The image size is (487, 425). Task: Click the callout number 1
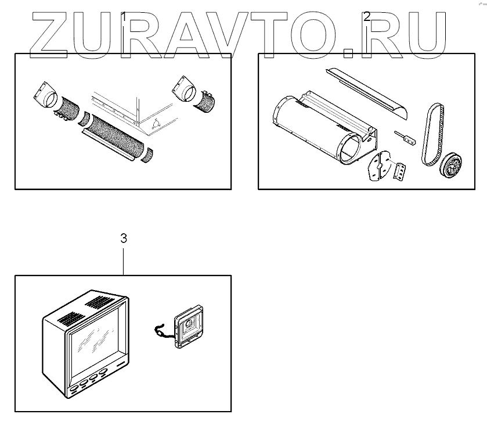pos(124,17)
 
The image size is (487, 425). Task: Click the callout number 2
pos(367,17)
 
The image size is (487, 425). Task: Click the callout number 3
pos(124,238)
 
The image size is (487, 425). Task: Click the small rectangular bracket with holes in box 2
pos(401,171)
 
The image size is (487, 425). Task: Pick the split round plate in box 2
pos(380,166)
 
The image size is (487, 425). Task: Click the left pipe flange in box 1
pos(45,94)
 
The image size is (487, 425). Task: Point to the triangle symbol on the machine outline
pos(156,124)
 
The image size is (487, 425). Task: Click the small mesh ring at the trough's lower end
pos(147,155)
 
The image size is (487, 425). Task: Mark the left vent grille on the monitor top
pos(71,319)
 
